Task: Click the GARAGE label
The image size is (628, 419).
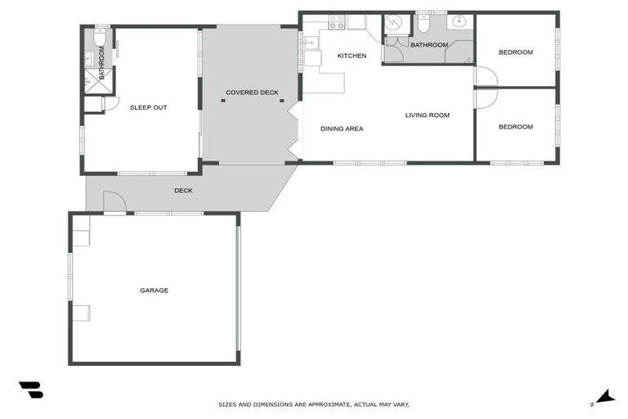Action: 154,291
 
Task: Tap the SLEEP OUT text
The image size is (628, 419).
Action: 148,107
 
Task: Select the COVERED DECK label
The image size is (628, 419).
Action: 252,92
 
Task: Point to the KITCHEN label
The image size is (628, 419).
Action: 352,56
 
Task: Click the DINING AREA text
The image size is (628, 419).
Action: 342,128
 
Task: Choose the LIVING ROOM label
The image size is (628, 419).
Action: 427,115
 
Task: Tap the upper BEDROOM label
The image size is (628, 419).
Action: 515,52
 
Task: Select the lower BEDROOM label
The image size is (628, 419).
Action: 515,127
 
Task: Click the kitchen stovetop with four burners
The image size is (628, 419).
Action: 336,22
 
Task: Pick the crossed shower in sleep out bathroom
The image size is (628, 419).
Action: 91,79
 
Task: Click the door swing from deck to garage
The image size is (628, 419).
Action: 114,202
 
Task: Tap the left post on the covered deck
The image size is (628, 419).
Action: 223,101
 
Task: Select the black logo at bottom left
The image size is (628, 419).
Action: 30,390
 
